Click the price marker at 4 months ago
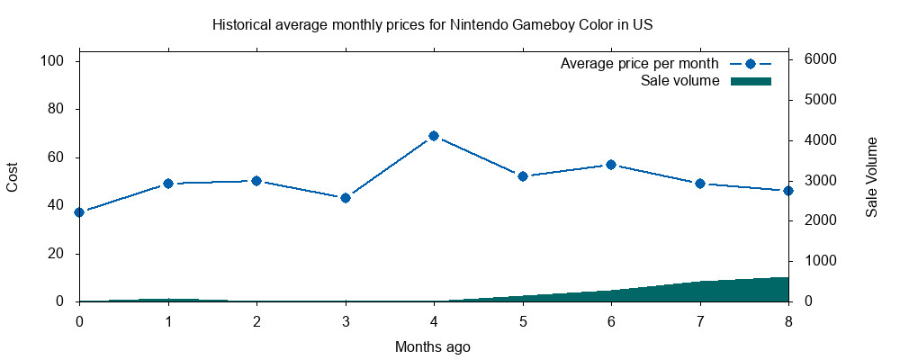[x=434, y=136]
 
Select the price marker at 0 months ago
[x=79, y=212]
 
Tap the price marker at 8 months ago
[x=788, y=191]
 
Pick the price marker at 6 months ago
[x=611, y=165]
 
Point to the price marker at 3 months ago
[x=346, y=198]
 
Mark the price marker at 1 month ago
[x=168, y=184]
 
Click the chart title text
[x=432, y=24]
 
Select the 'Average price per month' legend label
[x=639, y=64]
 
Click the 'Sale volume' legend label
[x=679, y=81]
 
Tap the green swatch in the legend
[x=751, y=81]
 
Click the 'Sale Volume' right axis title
[x=871, y=177]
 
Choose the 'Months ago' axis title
[x=432, y=346]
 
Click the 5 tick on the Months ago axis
[x=522, y=321]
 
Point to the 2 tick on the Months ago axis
[x=256, y=321]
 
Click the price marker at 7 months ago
[x=699, y=184]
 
